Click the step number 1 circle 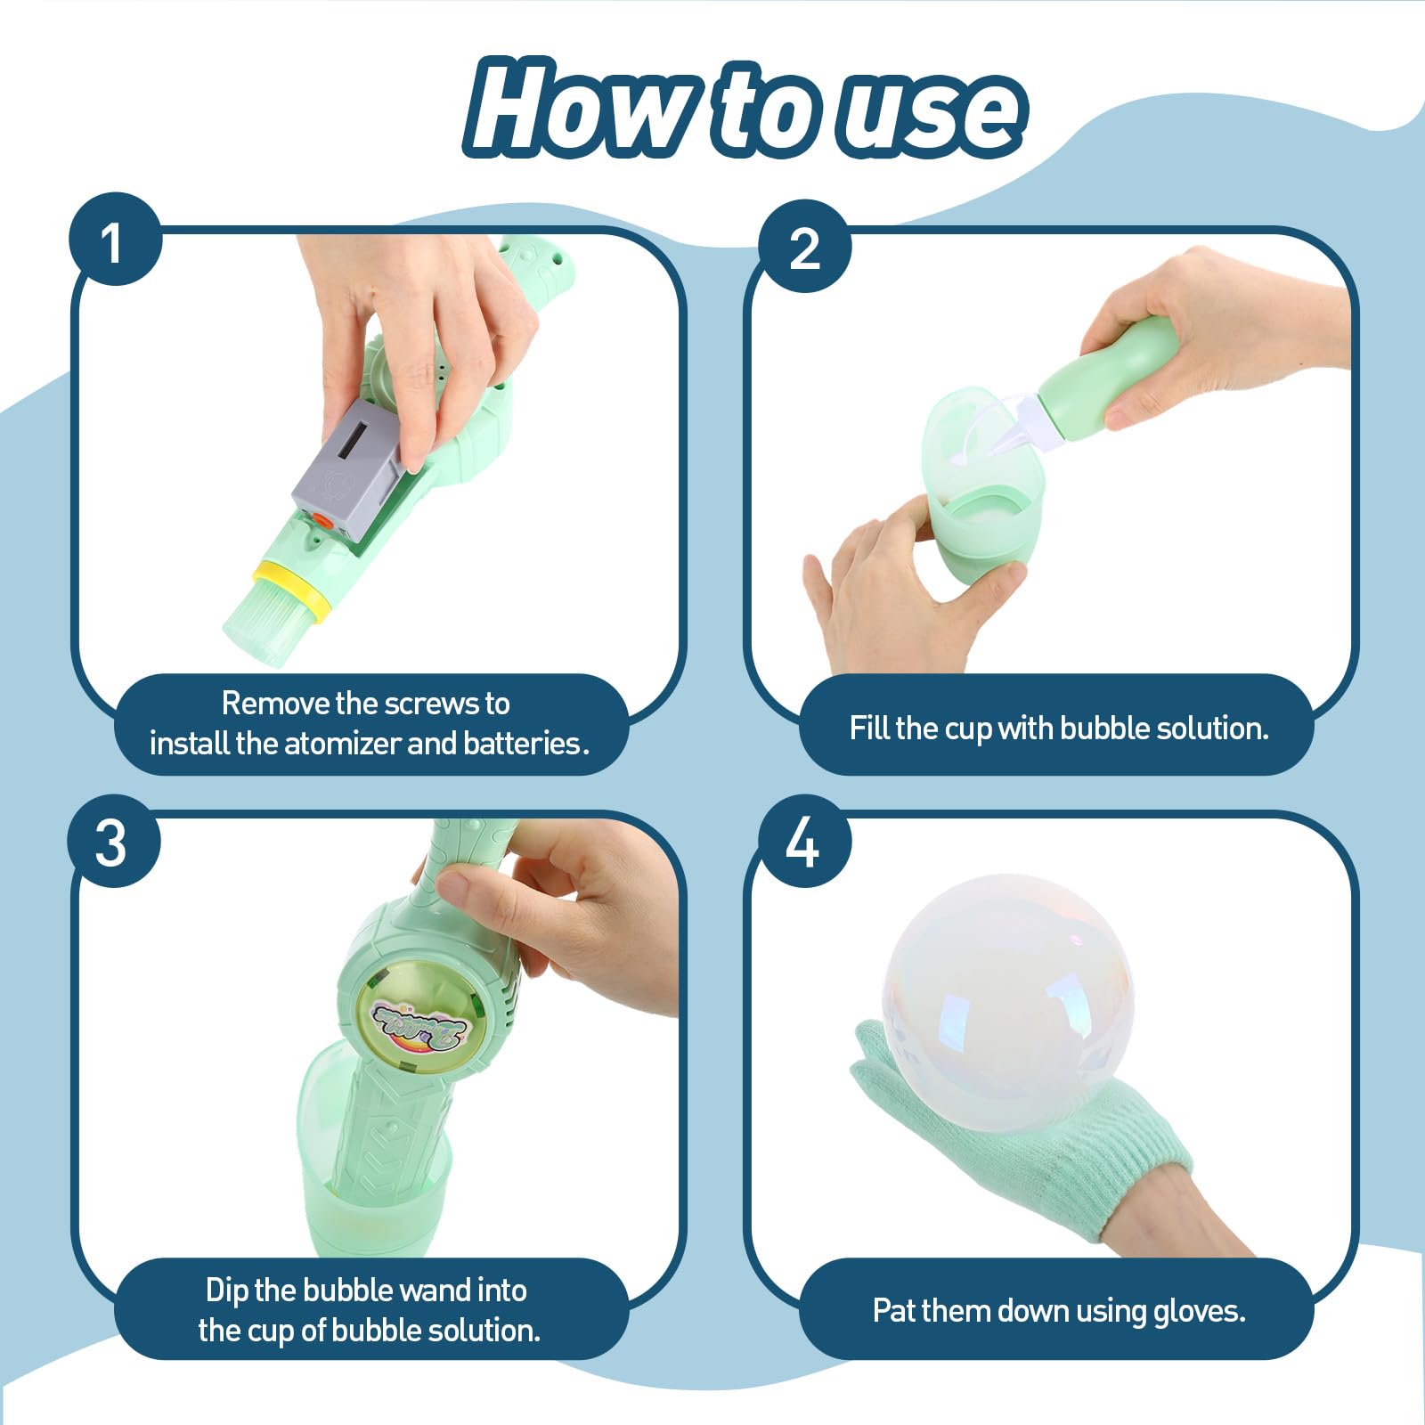click(115, 240)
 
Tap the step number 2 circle click(803, 247)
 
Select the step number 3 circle click(115, 841)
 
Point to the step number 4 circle click(803, 841)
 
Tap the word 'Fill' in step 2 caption click(869, 728)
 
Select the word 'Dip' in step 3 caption click(226, 1291)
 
